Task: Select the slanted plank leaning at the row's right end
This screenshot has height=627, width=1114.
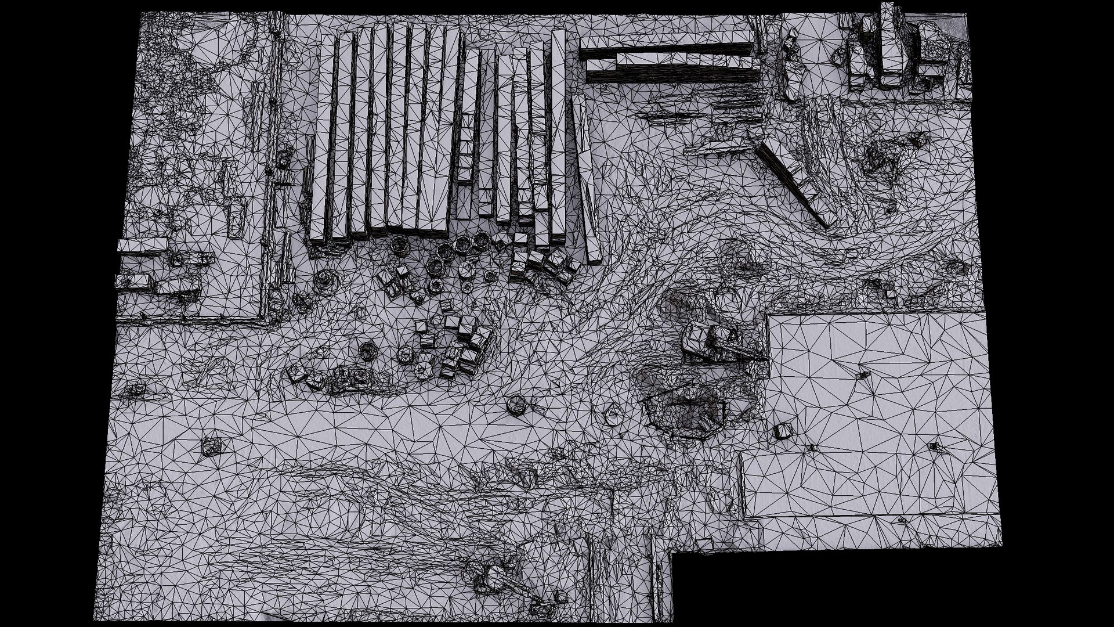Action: tap(585, 180)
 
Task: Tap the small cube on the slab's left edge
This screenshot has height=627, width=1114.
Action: tap(783, 431)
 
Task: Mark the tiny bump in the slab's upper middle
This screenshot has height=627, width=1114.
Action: tap(863, 376)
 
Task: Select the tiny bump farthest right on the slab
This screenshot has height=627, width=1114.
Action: tap(934, 446)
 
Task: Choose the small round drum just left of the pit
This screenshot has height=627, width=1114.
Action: tap(613, 415)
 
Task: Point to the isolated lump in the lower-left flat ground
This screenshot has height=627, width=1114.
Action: tap(211, 446)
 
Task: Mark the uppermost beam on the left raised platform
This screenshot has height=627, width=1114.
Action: tap(142, 244)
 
